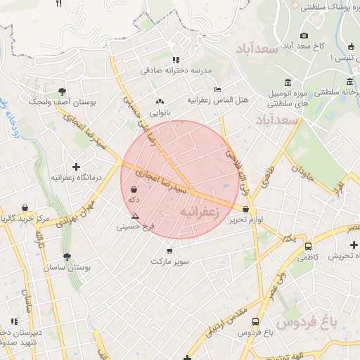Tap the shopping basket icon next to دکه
(134, 189)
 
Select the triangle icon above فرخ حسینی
(135, 215)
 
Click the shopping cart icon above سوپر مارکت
(169, 251)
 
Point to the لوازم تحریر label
(245, 220)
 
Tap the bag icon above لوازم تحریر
(245, 209)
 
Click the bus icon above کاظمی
(308, 247)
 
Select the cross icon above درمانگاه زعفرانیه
(76, 166)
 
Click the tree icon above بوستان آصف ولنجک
(63, 91)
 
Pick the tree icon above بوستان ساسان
(66, 257)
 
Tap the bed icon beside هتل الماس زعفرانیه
(217, 90)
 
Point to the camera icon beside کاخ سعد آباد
(304, 35)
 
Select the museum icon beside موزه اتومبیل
(289, 82)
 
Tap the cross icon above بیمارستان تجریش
(354, 245)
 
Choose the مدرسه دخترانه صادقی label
(173, 70)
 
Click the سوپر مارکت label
(170, 262)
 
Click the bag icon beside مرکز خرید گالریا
(25, 207)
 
